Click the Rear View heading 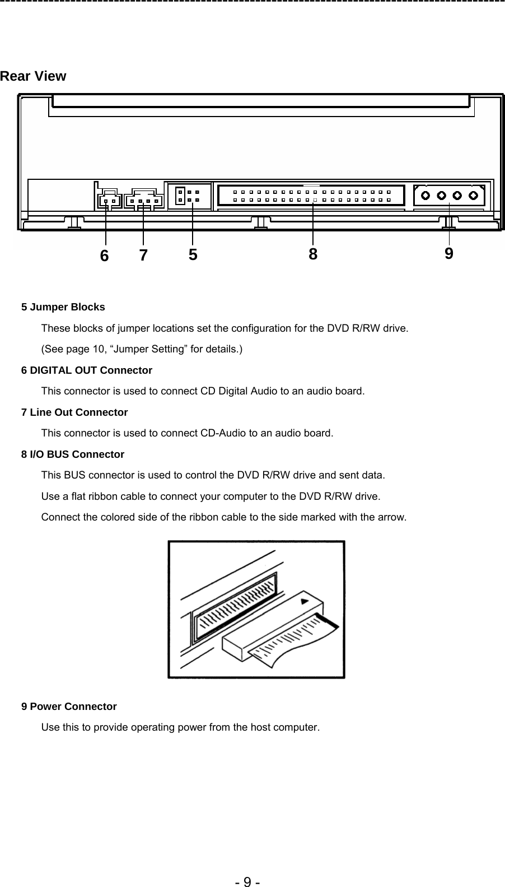click(x=33, y=76)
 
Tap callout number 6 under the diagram click(x=104, y=256)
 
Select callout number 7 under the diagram click(x=143, y=256)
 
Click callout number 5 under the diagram click(x=193, y=255)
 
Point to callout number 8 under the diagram click(x=313, y=254)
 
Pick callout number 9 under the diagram click(x=449, y=254)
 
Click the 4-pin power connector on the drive click(x=449, y=196)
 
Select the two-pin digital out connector click(x=109, y=200)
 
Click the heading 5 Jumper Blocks click(x=63, y=307)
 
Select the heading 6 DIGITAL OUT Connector click(x=86, y=370)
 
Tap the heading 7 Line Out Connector click(x=74, y=412)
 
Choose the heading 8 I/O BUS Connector click(x=72, y=454)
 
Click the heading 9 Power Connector click(x=69, y=707)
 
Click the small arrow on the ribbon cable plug click(x=305, y=602)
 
